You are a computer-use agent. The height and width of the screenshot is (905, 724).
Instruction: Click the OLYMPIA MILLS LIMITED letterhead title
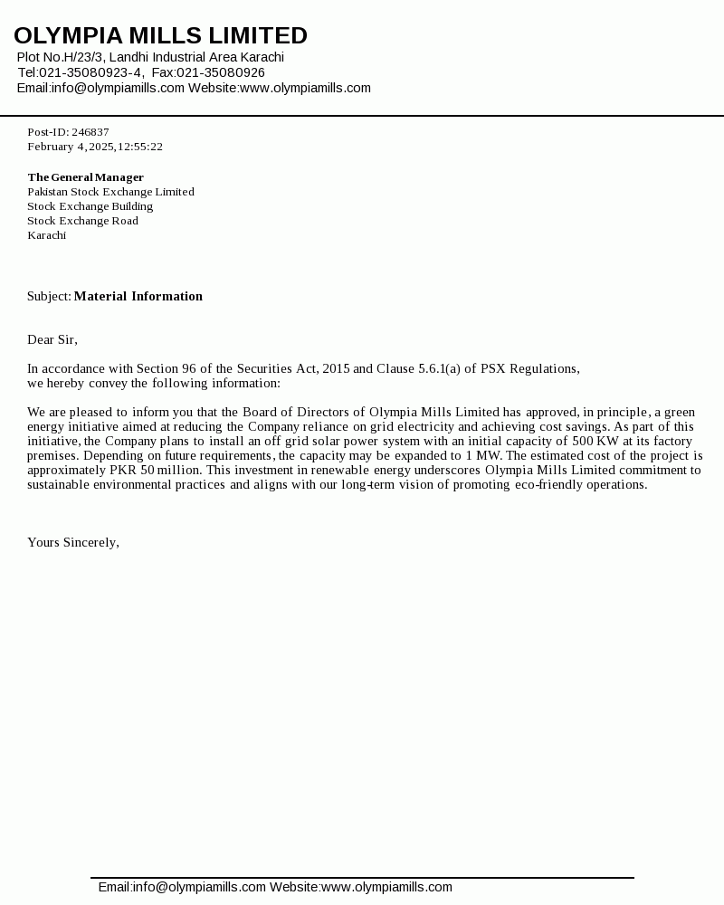[160, 36]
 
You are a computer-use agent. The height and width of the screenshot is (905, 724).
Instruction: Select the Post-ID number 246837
[90, 132]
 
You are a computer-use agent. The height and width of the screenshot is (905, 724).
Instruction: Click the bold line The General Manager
[85, 177]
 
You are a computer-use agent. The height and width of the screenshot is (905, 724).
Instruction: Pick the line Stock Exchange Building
[90, 206]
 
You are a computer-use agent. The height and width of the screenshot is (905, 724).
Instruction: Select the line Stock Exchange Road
[82, 221]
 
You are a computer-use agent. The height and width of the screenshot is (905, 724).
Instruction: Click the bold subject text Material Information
[138, 296]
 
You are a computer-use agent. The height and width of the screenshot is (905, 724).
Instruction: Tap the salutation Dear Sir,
[52, 339]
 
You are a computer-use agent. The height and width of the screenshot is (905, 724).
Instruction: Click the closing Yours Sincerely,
[72, 542]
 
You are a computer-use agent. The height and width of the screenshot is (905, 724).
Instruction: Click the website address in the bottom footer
[386, 887]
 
